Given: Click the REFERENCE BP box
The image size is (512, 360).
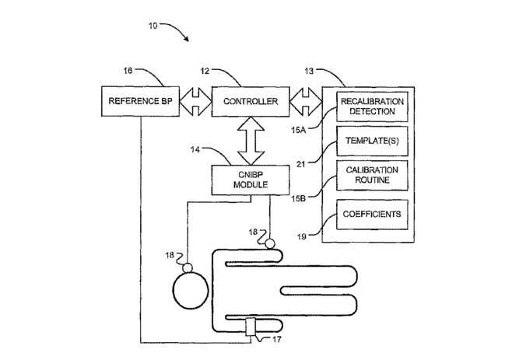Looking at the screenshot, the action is tap(140, 101).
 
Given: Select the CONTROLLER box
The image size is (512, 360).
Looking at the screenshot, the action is tap(251, 101).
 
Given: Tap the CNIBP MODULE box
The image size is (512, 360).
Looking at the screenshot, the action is tap(251, 180).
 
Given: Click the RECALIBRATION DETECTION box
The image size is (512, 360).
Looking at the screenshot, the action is tap(372, 107).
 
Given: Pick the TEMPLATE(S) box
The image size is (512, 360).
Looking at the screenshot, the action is tap(372, 141).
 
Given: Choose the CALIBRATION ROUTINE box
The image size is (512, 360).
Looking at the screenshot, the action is tap(372, 175).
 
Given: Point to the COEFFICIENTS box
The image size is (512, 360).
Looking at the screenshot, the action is tap(372, 215).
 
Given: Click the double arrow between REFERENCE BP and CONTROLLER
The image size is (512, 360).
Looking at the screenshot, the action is tap(195, 101).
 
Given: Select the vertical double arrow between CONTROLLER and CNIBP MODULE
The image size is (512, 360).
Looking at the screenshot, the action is tap(251, 141).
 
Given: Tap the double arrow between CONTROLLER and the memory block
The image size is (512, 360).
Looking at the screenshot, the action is tap(306, 101).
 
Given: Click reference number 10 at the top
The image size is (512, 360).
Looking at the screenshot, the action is tap(153, 26).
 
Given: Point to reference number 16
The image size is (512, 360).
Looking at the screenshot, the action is tap(128, 71).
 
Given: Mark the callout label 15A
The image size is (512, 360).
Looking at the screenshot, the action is tap(299, 130).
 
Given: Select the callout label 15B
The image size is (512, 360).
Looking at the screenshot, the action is tap(299, 198).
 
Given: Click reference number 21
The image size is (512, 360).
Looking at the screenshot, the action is tap(300, 164).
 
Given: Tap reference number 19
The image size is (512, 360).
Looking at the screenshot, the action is tap(301, 236).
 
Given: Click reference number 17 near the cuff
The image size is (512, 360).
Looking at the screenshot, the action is tap(276, 340).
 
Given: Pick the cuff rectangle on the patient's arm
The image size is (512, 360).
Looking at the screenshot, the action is tap(251, 327).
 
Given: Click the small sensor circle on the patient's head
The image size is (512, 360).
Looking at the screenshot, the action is tap(188, 267).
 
